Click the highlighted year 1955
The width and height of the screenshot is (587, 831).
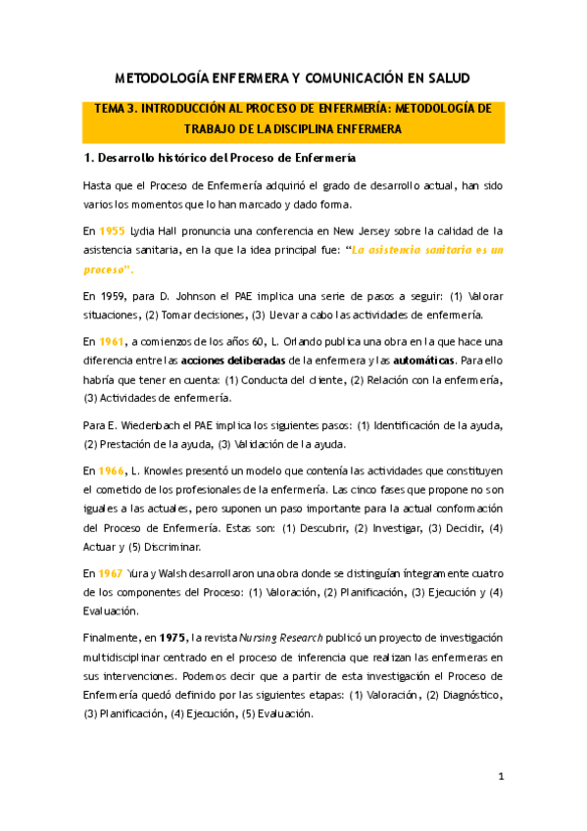pyautogui.click(x=112, y=231)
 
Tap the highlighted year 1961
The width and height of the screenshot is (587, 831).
pyautogui.click(x=112, y=341)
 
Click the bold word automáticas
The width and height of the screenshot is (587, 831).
pyautogui.click(x=416, y=361)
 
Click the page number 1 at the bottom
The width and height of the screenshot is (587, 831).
pyautogui.click(x=500, y=777)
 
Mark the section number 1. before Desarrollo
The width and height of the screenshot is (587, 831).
pyautogui.click(x=87, y=158)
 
